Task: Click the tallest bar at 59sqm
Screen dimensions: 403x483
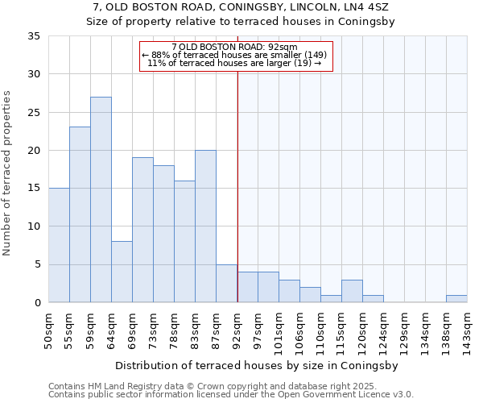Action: [x=101, y=200]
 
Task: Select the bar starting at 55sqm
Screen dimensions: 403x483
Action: [x=80, y=214]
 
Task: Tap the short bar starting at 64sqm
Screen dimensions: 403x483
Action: [x=122, y=272]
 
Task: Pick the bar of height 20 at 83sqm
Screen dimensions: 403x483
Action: [x=205, y=226]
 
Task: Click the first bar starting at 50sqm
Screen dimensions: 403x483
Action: [x=59, y=245]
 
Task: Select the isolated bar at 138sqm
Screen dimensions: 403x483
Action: [x=456, y=298]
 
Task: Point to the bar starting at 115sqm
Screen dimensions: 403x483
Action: [x=352, y=291]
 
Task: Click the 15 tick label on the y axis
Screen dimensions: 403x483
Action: [x=34, y=189]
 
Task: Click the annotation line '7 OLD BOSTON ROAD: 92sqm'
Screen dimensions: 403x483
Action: [x=235, y=47]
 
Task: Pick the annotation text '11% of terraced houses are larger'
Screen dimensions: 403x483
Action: [x=235, y=63]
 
